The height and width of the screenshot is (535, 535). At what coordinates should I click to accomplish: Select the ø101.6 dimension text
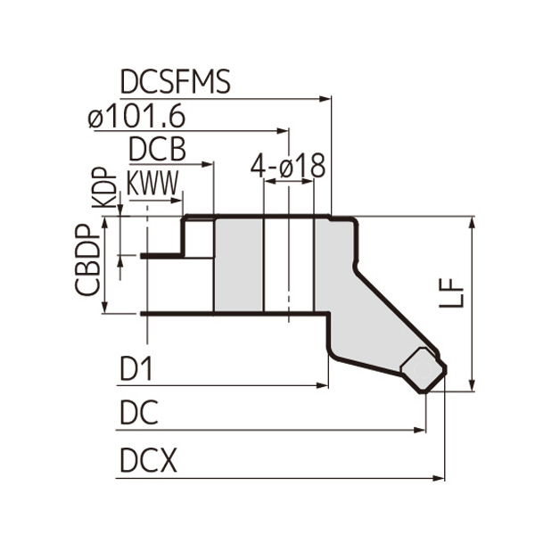coord(157,116)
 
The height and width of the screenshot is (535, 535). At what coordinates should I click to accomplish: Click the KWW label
coord(154,183)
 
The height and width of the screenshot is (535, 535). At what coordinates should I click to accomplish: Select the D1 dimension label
coord(136,368)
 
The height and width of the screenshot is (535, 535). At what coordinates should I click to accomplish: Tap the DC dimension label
coord(137,413)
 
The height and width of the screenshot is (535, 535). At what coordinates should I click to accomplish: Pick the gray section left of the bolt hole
coord(240,265)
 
